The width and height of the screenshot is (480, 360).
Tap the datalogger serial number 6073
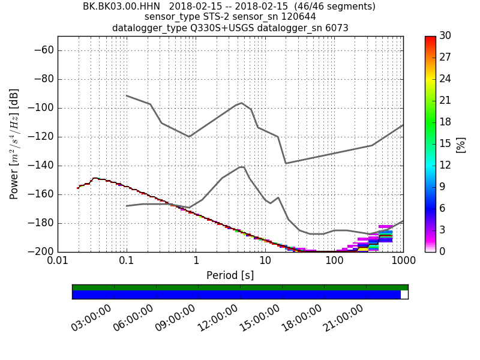336,28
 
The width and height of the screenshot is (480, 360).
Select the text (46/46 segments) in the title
325,7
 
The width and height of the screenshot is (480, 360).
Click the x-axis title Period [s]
230,275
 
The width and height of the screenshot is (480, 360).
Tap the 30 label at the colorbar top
445,36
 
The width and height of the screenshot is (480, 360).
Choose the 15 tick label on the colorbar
445,144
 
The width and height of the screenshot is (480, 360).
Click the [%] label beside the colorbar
460,144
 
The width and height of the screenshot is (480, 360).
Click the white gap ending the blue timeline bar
404,295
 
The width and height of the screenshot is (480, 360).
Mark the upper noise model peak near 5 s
241,103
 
